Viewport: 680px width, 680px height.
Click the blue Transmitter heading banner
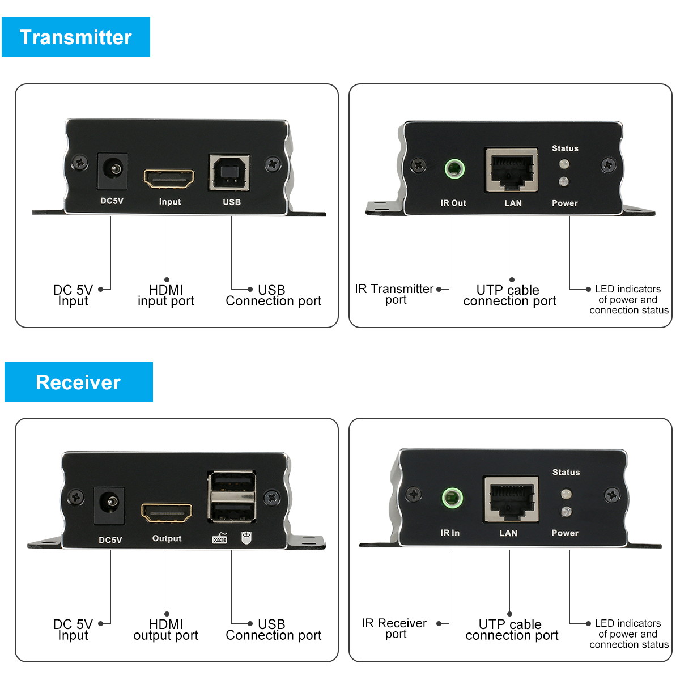pyautogui.click(x=76, y=37)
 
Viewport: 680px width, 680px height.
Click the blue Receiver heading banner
pyautogui.click(x=79, y=382)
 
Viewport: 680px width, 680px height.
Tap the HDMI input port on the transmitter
pyautogui.click(x=169, y=179)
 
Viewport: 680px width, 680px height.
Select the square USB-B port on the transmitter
pyautogui.click(x=229, y=172)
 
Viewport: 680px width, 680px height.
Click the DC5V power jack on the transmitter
pyautogui.click(x=113, y=171)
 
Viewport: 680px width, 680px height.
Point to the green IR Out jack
pyautogui.click(x=454, y=168)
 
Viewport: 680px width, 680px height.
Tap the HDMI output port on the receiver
pyautogui.click(x=167, y=513)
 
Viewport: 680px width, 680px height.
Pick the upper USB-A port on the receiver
pyautogui.click(x=232, y=482)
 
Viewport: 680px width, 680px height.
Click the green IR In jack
pyautogui.click(x=452, y=499)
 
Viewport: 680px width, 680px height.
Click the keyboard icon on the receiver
pyautogui.click(x=220, y=538)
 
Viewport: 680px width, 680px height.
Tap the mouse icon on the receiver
pyautogui.click(x=245, y=537)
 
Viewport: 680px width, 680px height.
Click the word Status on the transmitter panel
pyautogui.click(x=565, y=148)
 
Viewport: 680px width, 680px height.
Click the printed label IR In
pyautogui.click(x=450, y=533)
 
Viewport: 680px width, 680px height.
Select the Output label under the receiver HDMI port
pyautogui.click(x=167, y=538)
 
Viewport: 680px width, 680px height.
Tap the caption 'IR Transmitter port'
pyautogui.click(x=395, y=294)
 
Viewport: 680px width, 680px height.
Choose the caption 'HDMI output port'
pyautogui.click(x=166, y=630)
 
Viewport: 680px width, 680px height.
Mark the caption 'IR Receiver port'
pyautogui.click(x=394, y=628)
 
